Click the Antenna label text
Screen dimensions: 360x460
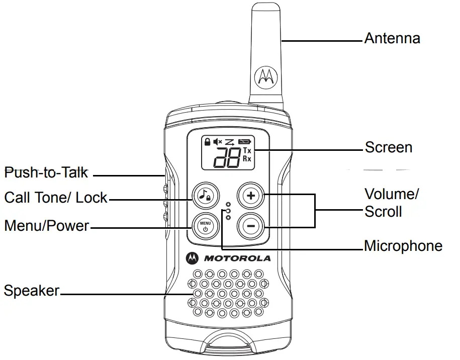tap(392, 38)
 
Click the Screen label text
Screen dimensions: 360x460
tap(389, 147)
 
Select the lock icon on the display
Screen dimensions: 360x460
tap(207, 142)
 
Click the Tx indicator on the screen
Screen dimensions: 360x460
tap(247, 151)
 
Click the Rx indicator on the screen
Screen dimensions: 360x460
tap(247, 158)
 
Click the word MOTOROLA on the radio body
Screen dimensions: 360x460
tap(237, 258)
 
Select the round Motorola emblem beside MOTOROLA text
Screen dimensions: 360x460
tap(192, 258)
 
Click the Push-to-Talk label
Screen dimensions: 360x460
tap(46, 173)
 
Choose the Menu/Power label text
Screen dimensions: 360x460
tap(46, 226)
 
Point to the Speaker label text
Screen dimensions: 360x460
tap(31, 291)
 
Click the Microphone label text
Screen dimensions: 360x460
tap(403, 246)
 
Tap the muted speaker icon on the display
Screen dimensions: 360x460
tap(218, 142)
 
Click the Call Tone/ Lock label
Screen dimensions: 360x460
tap(55, 198)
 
